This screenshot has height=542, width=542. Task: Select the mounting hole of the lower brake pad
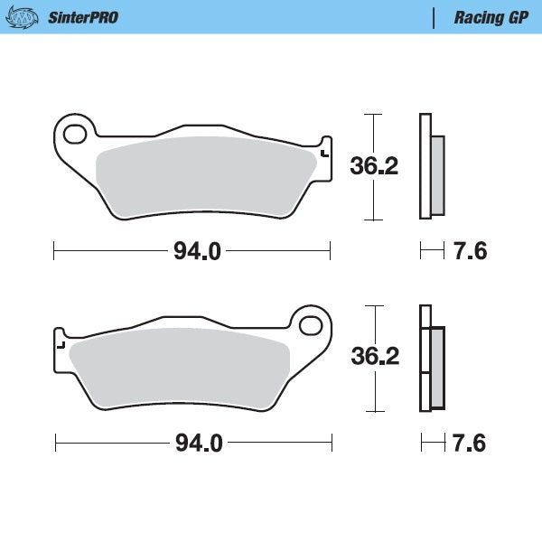click(312, 324)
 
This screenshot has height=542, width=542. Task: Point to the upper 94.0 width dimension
click(197, 251)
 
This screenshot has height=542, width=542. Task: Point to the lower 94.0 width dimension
click(198, 443)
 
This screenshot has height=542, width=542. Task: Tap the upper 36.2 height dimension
click(373, 165)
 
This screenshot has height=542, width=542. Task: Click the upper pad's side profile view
click(429, 167)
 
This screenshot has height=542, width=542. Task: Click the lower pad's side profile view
click(431, 358)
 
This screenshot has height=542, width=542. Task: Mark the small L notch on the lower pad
click(61, 344)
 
